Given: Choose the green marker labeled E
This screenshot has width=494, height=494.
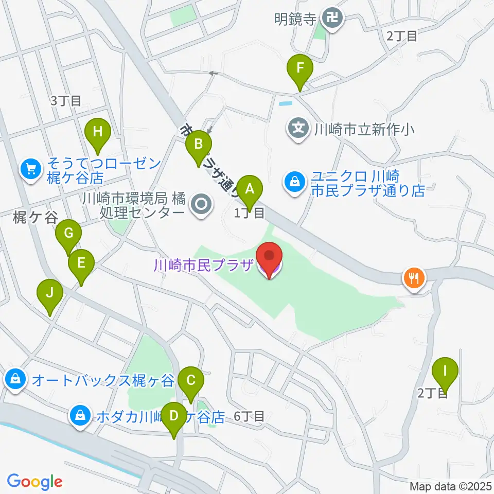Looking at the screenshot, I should [x=81, y=263].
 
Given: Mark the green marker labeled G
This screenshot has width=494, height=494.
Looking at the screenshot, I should [x=68, y=234].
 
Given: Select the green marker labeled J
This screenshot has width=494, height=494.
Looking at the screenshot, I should [x=50, y=294].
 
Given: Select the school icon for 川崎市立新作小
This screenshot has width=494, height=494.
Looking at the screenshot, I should [x=299, y=127].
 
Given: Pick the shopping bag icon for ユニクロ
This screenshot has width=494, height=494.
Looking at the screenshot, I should [x=294, y=183].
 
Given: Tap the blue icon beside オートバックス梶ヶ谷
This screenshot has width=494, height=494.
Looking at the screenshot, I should [x=15, y=380].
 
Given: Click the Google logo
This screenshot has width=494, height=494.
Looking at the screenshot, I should [x=34, y=482].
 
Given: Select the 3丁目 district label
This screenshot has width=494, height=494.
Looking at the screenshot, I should [x=66, y=101].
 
